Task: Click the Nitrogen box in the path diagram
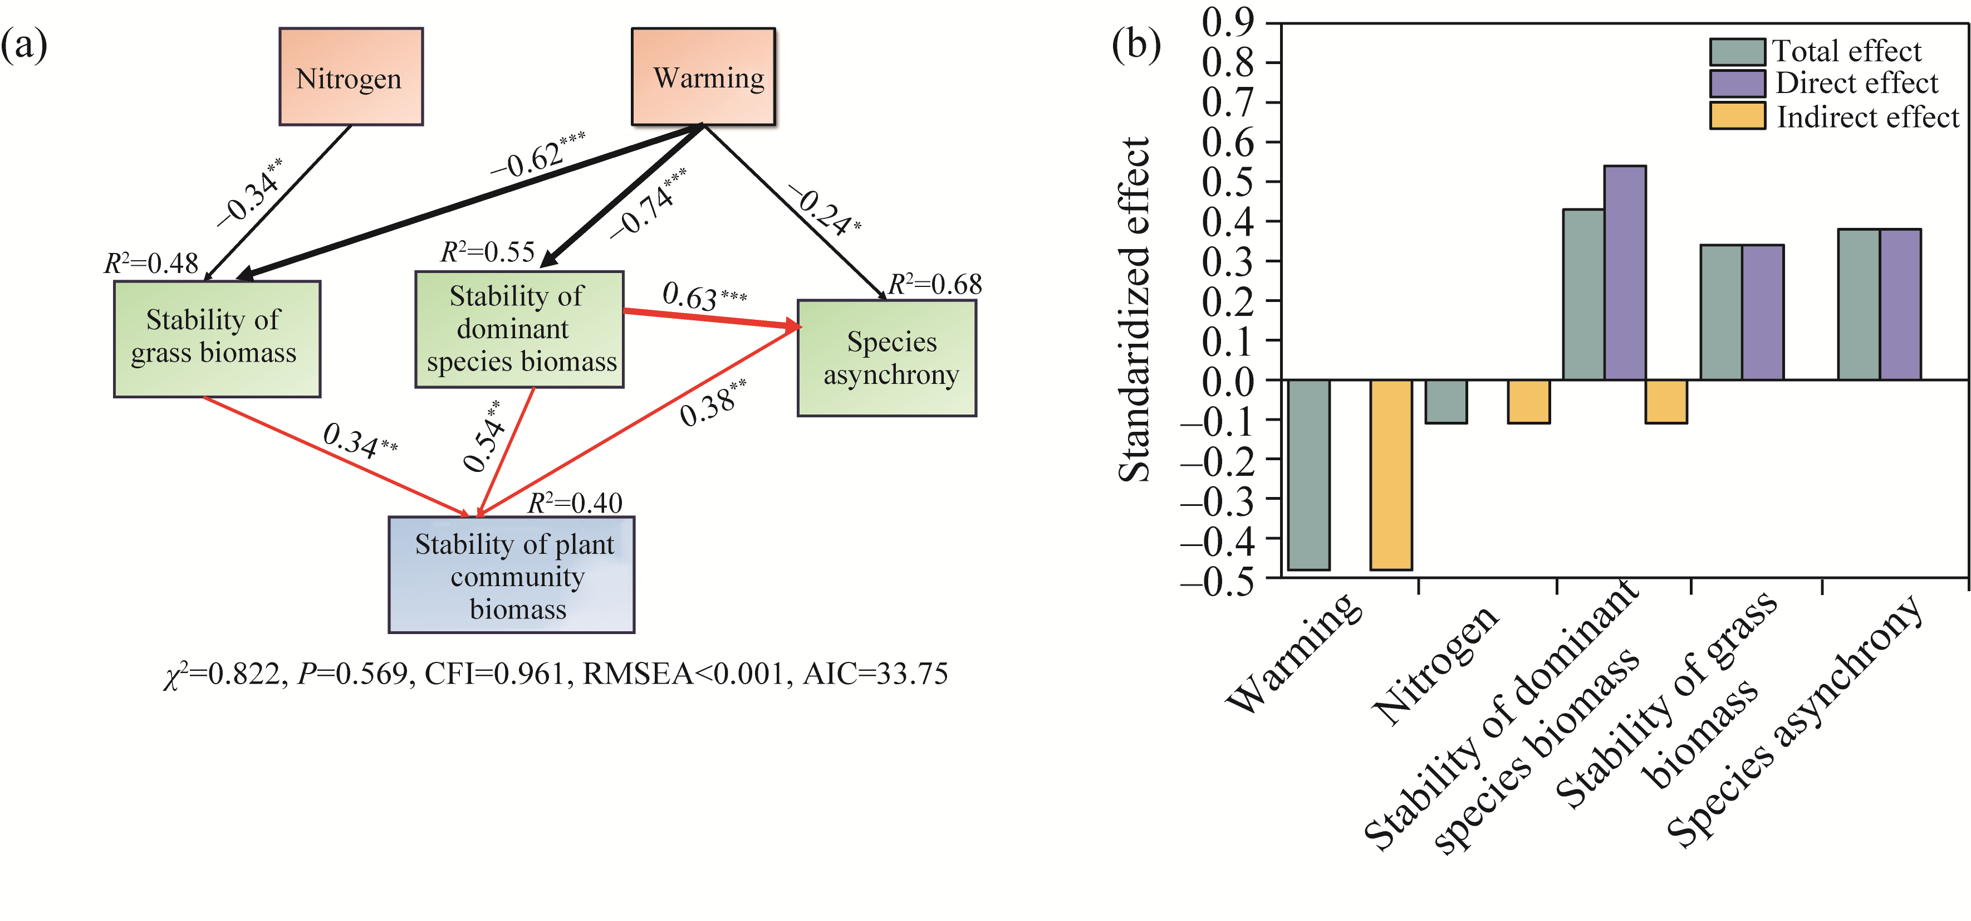[350, 76]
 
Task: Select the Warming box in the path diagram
[703, 76]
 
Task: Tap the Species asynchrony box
[887, 358]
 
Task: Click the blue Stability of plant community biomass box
[511, 575]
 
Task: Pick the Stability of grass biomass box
[217, 338]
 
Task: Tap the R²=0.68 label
[934, 284]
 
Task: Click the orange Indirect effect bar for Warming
[1391, 475]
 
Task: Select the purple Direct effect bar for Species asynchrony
[1900, 304]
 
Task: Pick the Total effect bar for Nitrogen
[1446, 401]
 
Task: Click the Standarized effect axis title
[1134, 310]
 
